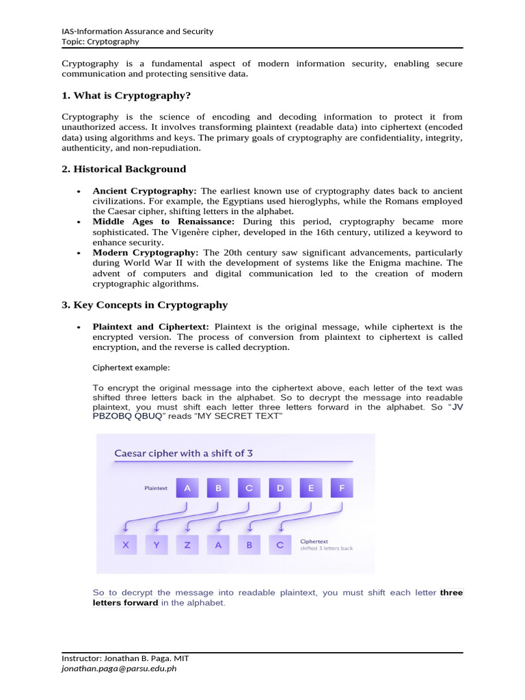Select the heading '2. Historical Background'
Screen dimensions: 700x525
point(124,169)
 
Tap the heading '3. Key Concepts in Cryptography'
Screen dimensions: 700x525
point(144,305)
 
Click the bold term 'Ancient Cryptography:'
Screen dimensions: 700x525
point(145,191)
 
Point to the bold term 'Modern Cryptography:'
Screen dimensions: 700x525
point(146,253)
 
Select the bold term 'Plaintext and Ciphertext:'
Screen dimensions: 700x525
point(150,327)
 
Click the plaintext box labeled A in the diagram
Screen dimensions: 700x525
point(187,488)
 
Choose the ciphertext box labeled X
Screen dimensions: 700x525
point(125,546)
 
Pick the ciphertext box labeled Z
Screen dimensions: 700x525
point(187,546)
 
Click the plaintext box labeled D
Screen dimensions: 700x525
point(280,488)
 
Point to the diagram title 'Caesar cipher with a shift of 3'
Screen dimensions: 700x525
point(185,453)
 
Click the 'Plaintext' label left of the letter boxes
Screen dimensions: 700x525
point(156,489)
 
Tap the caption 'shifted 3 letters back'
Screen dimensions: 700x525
point(327,549)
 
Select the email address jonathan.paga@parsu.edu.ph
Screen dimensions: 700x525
point(119,669)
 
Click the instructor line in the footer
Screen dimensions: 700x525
point(125,658)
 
